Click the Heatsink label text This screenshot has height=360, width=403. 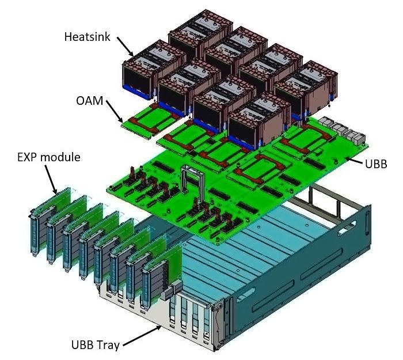click(88, 36)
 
